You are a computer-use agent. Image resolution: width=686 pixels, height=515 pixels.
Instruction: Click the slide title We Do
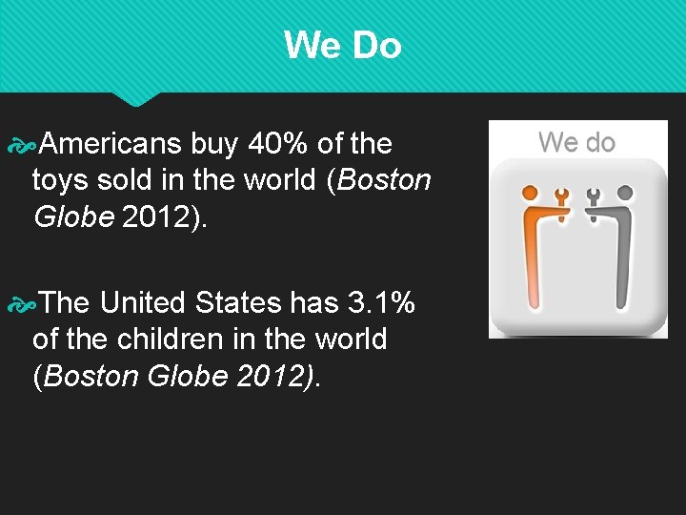tap(342, 45)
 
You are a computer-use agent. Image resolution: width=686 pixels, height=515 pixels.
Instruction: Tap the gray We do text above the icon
tap(576, 143)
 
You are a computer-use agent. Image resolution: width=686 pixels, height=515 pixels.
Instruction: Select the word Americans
tap(111, 144)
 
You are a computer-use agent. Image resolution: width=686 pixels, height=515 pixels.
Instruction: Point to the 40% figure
tap(278, 144)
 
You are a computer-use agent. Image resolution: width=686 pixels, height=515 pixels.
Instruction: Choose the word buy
tap(214, 144)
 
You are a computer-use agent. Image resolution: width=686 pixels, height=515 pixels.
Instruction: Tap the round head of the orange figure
tap(530, 194)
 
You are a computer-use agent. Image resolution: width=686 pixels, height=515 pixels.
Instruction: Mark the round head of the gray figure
tap(626, 194)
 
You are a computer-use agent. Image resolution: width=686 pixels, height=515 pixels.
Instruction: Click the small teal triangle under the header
tap(135, 98)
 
